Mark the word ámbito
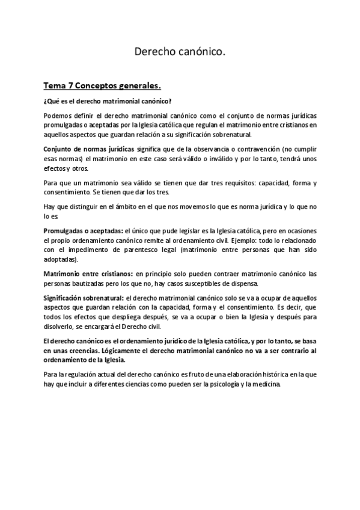[122, 206]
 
